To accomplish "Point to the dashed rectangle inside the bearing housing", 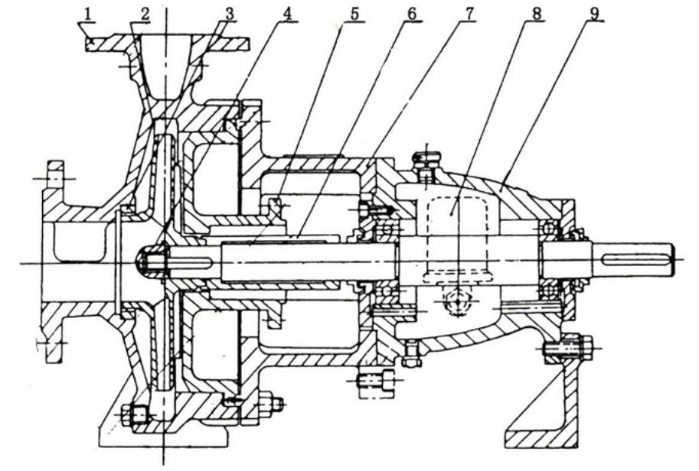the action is point(459,239).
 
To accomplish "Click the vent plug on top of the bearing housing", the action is point(426,163).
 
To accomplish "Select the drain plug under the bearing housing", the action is point(410,354).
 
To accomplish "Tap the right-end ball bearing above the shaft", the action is point(549,229).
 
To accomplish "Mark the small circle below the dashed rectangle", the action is point(459,301).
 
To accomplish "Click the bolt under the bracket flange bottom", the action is point(377,381).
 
